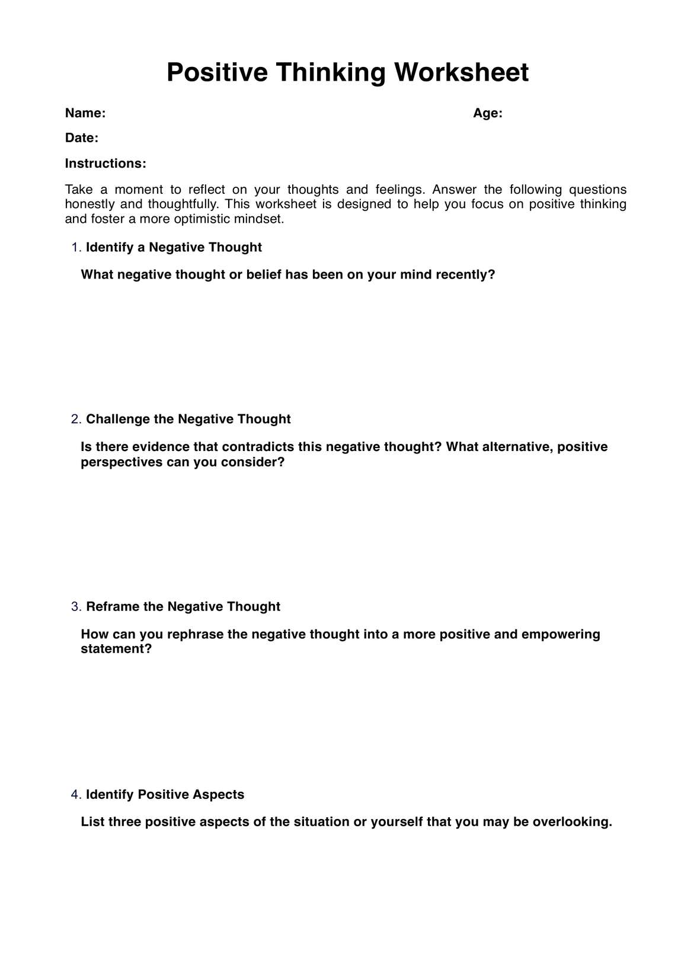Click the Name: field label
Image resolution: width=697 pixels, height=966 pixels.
point(85,113)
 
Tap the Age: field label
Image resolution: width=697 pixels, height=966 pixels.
point(487,113)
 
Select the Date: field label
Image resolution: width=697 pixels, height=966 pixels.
point(81,138)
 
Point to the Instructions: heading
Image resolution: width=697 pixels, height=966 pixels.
point(105,164)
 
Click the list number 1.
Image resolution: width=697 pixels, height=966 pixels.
point(76,247)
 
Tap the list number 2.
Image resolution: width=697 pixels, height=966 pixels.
point(76,419)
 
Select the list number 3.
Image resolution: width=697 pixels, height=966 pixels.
point(76,606)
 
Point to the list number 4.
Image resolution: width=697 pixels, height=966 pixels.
point(76,794)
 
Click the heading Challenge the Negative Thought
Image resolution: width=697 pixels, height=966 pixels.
point(188,419)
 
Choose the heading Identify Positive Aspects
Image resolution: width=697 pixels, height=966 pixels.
point(165,794)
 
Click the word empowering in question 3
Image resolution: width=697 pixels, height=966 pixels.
point(560,634)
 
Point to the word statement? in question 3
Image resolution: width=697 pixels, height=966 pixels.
point(116,649)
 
